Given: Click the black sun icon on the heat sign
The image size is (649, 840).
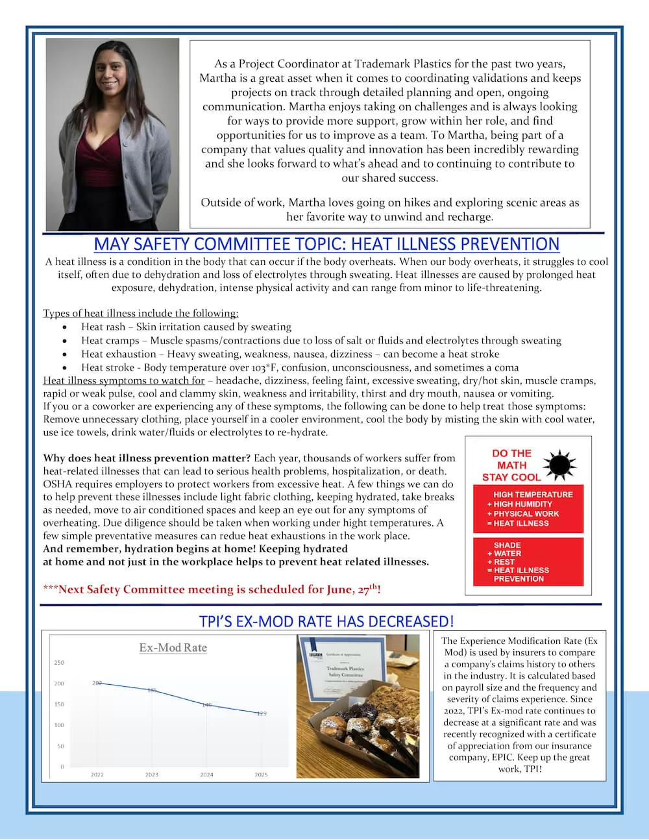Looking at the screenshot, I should click(x=559, y=465).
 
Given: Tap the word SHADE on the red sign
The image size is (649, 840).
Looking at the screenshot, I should click(x=507, y=545).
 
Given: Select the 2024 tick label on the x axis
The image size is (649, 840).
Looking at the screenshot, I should click(x=206, y=774).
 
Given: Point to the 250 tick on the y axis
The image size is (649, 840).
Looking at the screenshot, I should click(x=59, y=663).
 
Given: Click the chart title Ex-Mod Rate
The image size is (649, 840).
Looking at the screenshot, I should click(x=173, y=647).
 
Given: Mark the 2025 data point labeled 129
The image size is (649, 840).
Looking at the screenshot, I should click(x=261, y=713).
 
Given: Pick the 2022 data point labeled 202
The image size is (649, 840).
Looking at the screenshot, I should click(x=97, y=683).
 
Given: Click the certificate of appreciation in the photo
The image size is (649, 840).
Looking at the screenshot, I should click(x=344, y=669).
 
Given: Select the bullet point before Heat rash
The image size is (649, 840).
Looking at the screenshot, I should click(x=65, y=327).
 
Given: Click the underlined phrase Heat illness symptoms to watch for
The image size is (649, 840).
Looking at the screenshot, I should click(x=123, y=380).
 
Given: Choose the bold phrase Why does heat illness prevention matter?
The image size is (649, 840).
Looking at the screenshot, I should click(x=147, y=458).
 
